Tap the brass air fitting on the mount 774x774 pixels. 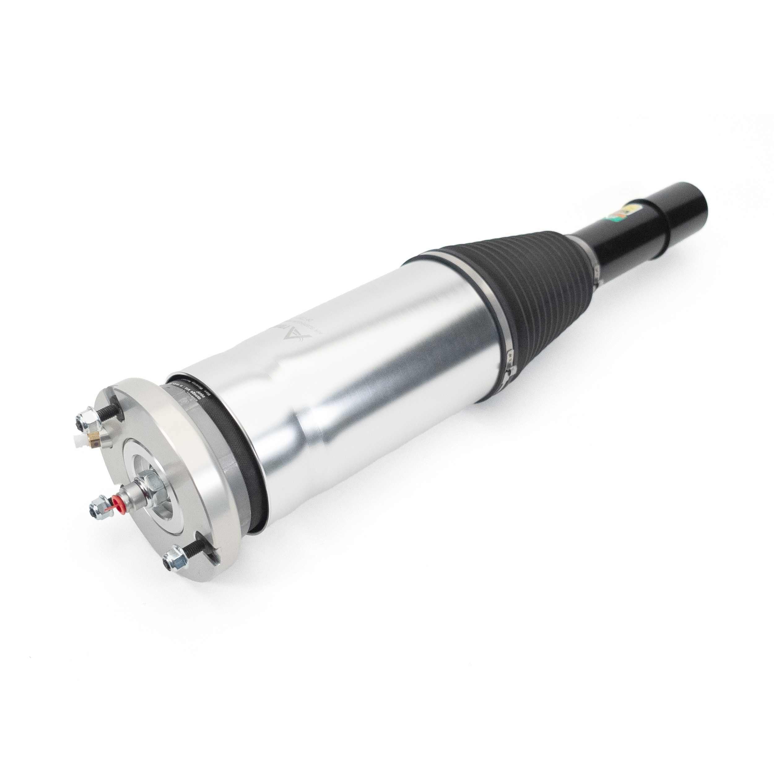click(95, 440)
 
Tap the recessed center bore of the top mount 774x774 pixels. click(162, 491)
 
